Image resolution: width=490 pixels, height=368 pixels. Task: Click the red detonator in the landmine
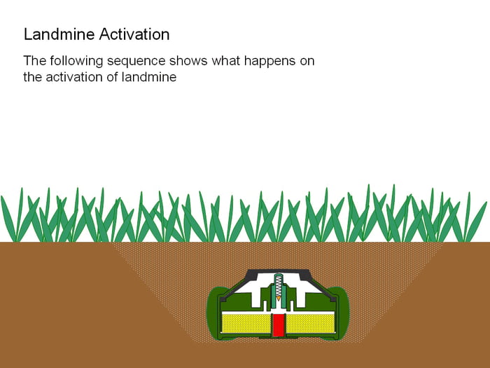(279, 325)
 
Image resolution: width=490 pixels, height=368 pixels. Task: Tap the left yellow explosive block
(246, 323)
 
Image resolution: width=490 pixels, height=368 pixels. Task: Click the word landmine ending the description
(150, 77)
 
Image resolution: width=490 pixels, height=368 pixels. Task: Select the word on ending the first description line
(307, 61)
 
